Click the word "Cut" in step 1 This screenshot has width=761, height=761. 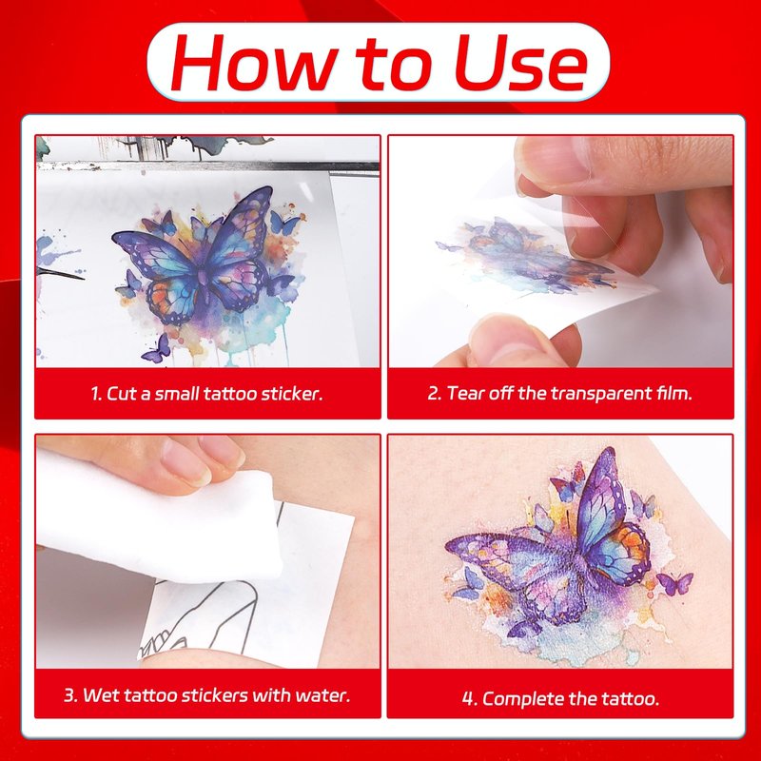[x=122, y=393]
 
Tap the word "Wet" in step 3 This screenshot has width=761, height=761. [x=101, y=695]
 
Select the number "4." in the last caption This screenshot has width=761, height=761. [x=470, y=699]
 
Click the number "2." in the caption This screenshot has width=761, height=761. [x=435, y=393]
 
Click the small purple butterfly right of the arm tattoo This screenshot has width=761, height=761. [x=675, y=583]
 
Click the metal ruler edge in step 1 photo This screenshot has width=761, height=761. [x=207, y=166]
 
